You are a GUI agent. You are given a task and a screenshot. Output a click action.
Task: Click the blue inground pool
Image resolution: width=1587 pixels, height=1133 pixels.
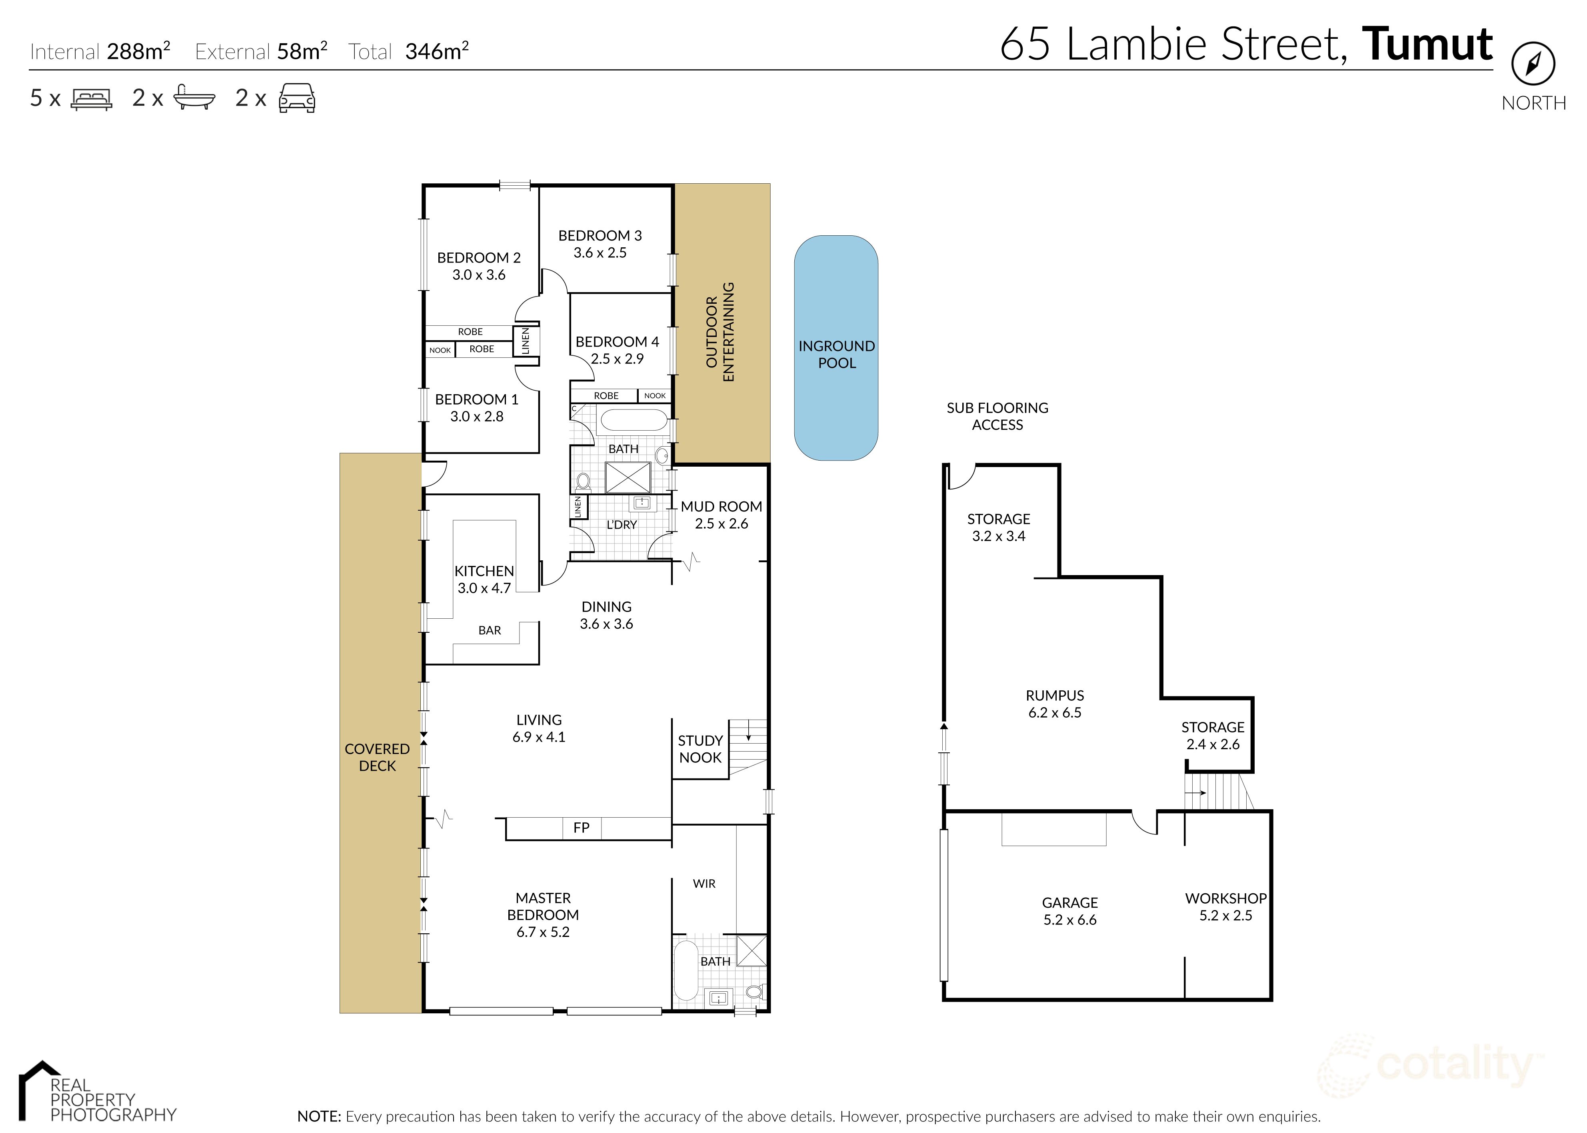tap(835, 347)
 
